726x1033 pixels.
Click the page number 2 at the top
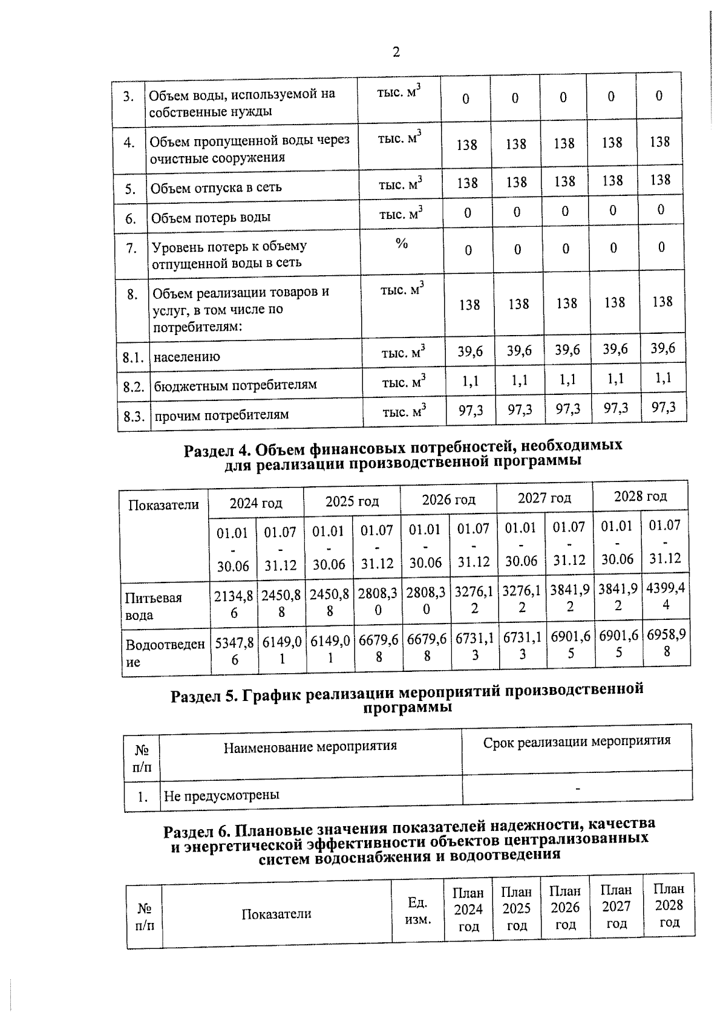pyautogui.click(x=396, y=53)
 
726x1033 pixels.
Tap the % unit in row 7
pyautogui.click(x=401, y=243)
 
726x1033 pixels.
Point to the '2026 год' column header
pyautogui.click(x=448, y=500)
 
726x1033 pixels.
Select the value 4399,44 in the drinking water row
pyautogui.click(x=665, y=596)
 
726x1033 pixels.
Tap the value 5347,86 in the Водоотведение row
pyautogui.click(x=234, y=652)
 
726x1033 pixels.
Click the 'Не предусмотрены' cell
pyautogui.click(x=221, y=795)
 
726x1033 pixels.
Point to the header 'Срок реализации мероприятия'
pyautogui.click(x=577, y=741)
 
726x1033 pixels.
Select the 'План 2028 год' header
pyautogui.click(x=669, y=905)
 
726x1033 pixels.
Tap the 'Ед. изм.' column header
pyautogui.click(x=418, y=911)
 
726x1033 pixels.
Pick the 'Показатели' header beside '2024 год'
pyautogui.click(x=163, y=505)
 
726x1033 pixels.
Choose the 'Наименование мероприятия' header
pyautogui.click(x=310, y=746)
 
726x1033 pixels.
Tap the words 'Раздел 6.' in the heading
pyautogui.click(x=196, y=832)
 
